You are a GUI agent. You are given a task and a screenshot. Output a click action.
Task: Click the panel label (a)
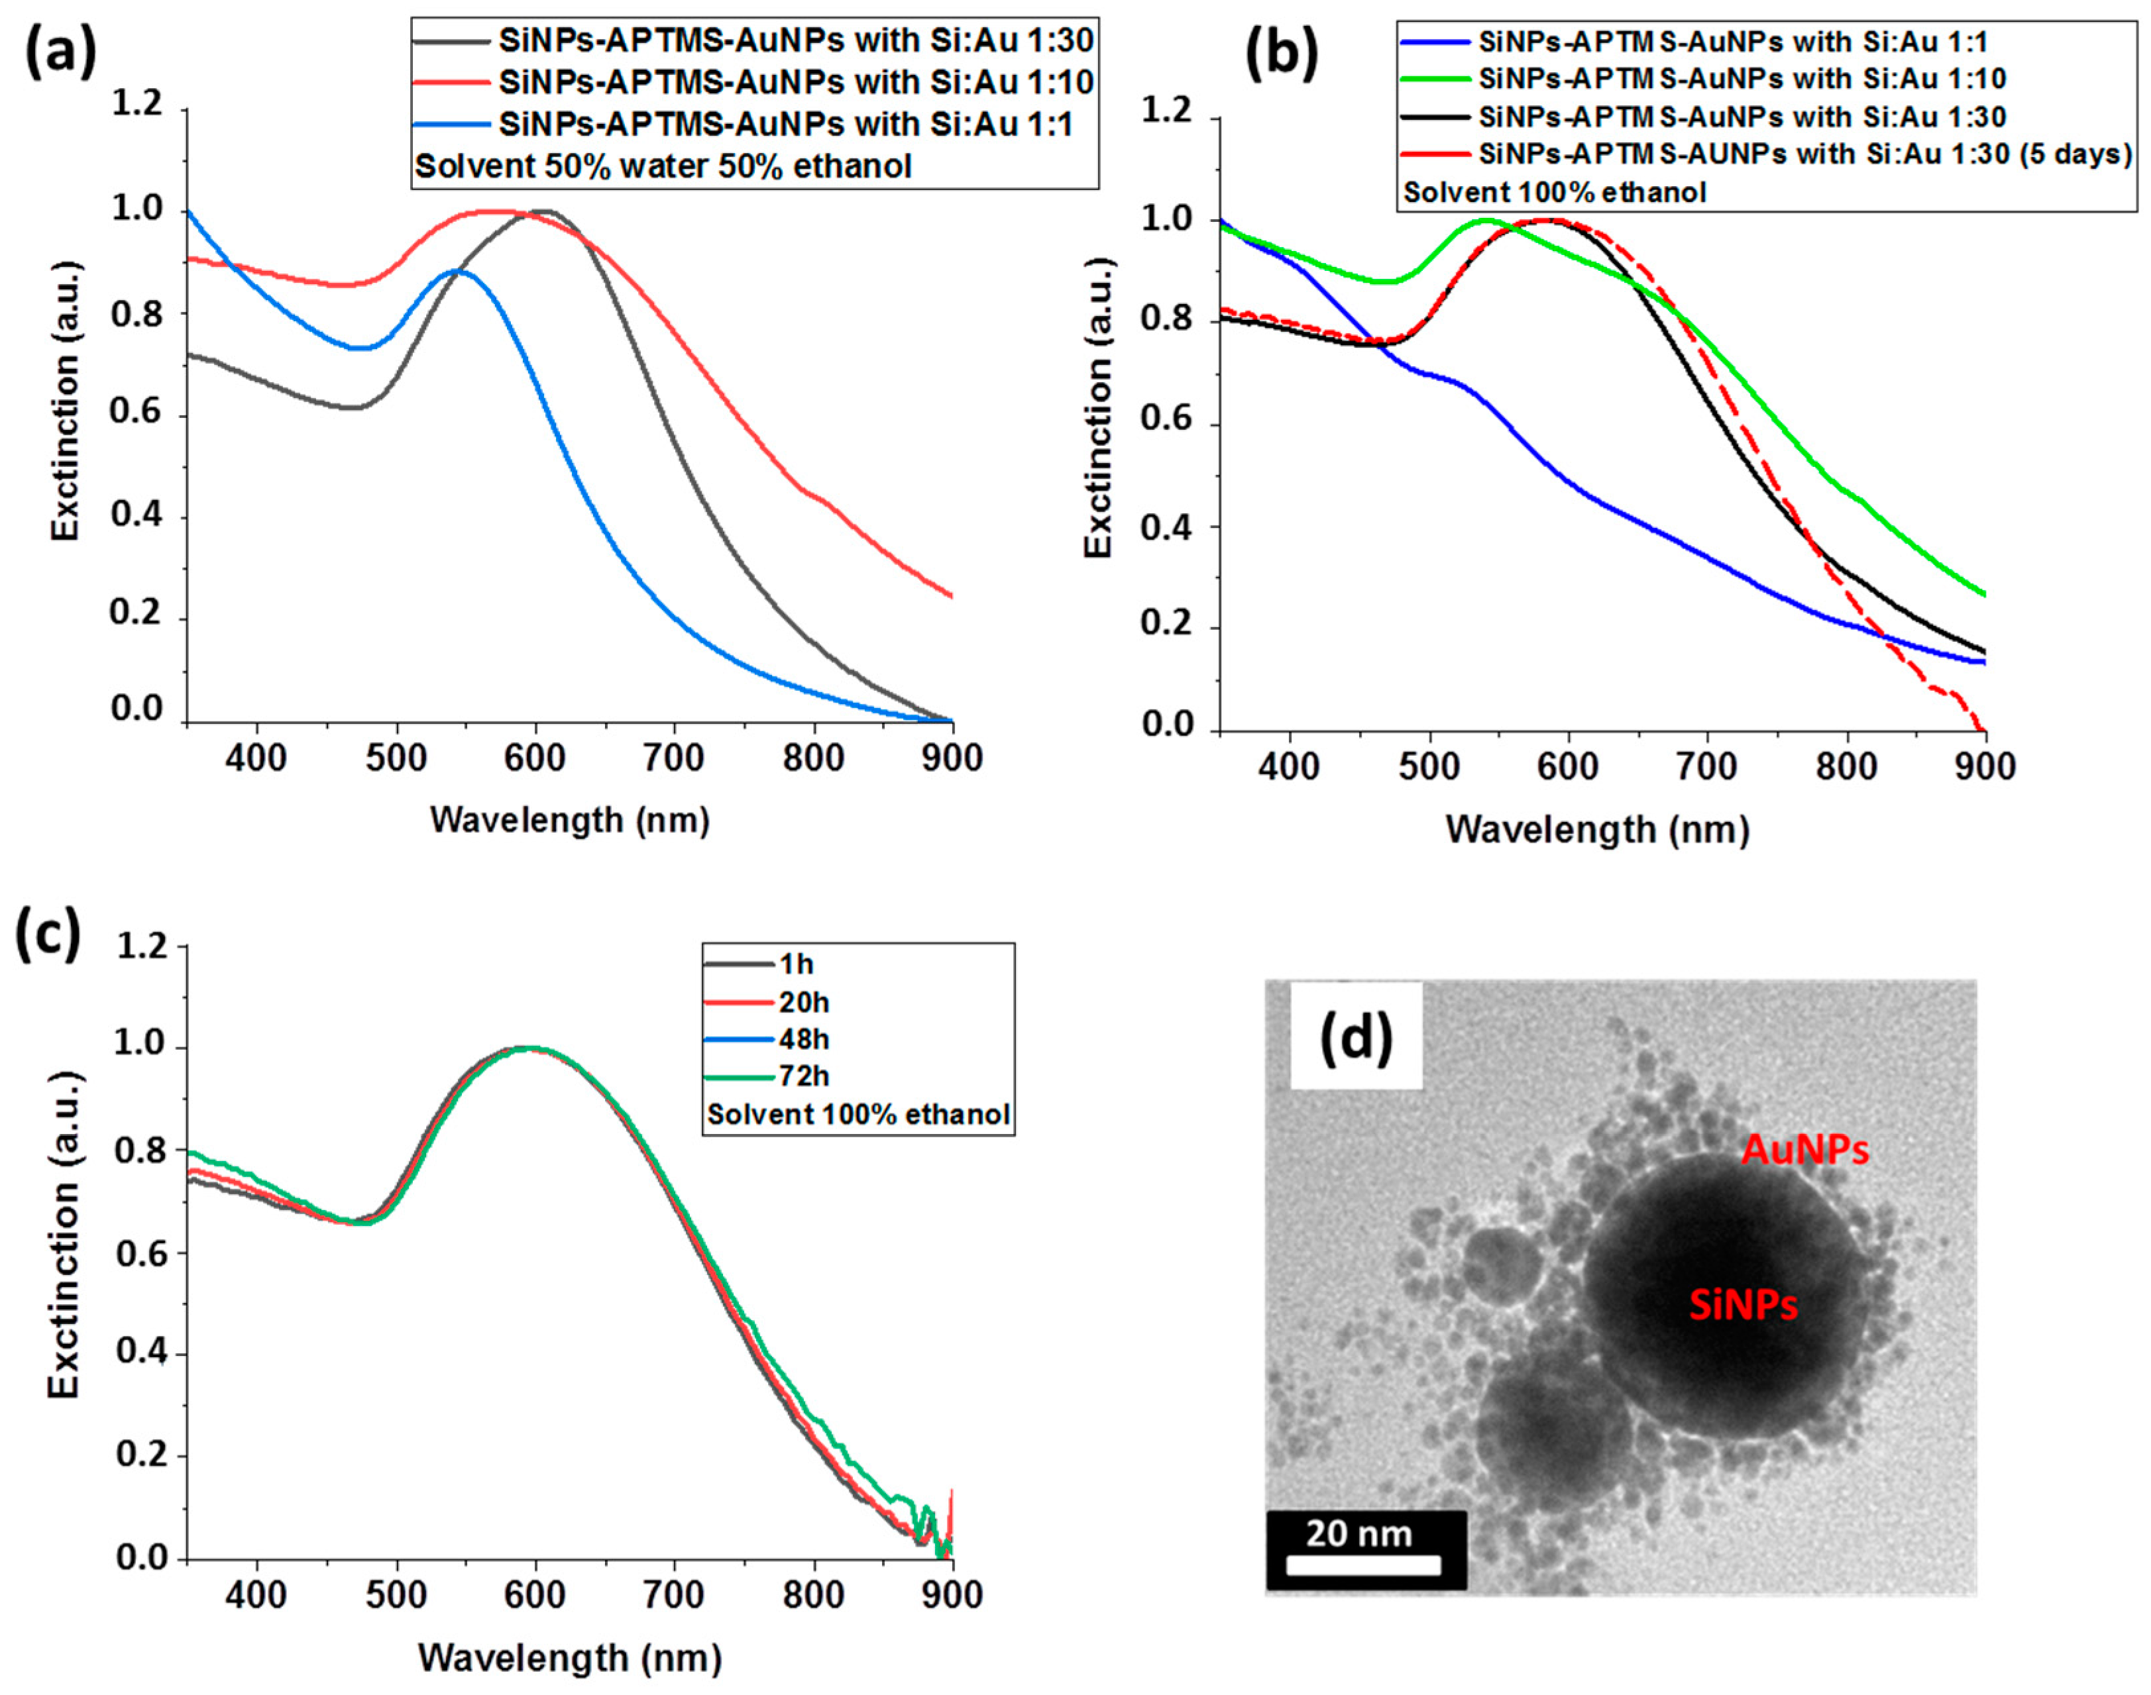point(60,50)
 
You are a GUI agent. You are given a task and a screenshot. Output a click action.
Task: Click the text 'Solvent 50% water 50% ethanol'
point(662,166)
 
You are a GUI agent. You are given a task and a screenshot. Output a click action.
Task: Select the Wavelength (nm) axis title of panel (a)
point(570,820)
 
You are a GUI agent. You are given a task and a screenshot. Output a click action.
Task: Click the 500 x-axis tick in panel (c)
point(397,1595)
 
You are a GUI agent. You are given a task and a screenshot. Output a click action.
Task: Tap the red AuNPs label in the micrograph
point(1806,1150)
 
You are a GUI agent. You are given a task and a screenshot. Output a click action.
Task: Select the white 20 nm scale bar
point(1364,1565)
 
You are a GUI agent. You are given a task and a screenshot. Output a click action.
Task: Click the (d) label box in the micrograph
point(1356,1037)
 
